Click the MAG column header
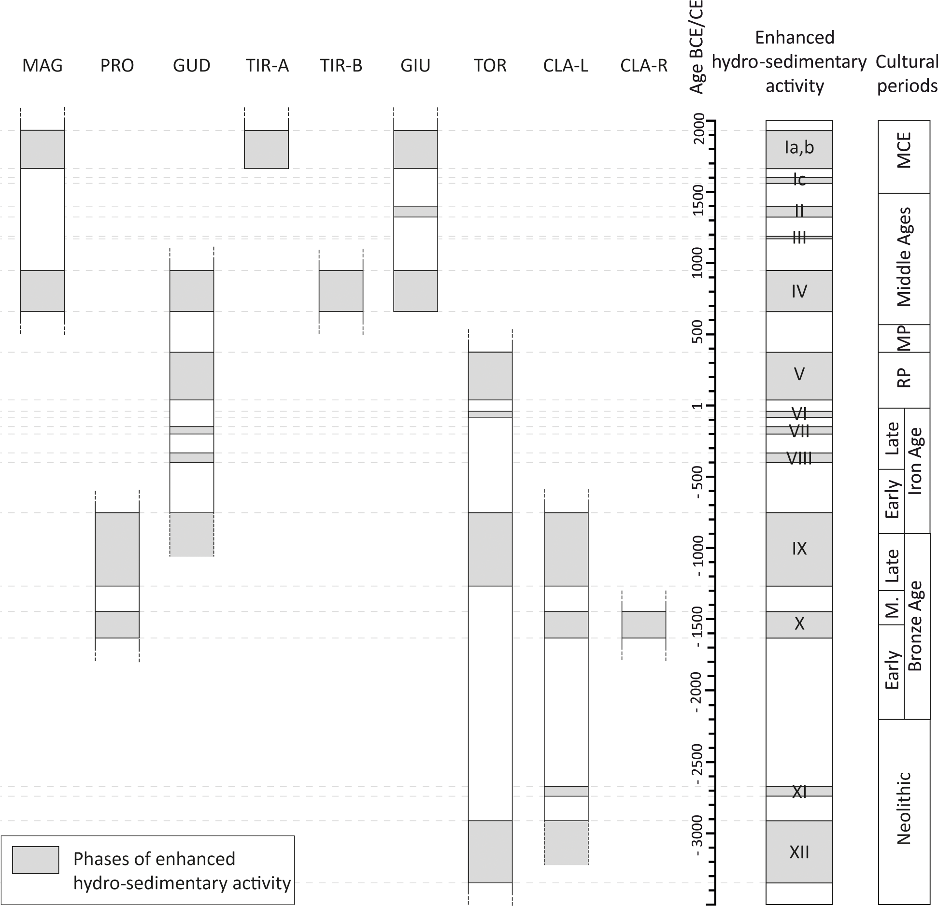(x=43, y=66)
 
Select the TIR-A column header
(x=267, y=66)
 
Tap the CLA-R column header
(x=644, y=66)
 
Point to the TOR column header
(x=490, y=66)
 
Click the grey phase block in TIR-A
(x=266, y=149)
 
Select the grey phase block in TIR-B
(x=341, y=291)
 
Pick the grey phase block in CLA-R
(x=644, y=624)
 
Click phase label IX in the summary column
(x=799, y=549)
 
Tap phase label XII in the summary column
(x=799, y=852)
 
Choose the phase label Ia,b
(x=799, y=148)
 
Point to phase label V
(x=799, y=374)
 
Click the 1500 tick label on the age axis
(x=698, y=192)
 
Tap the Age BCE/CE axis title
(x=697, y=47)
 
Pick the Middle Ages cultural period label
(x=904, y=257)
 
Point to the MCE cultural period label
(x=904, y=150)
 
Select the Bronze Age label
(x=916, y=626)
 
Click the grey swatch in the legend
(x=36, y=860)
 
